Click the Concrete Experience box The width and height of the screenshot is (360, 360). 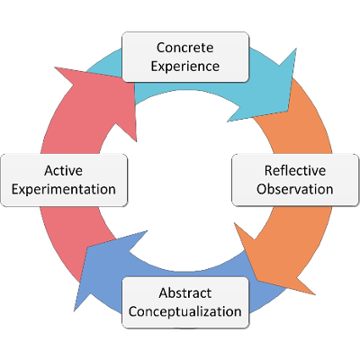[184, 56]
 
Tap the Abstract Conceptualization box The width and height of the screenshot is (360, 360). [184, 301]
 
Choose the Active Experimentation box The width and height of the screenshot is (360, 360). [62, 179]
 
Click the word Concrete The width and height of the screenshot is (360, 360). [184, 47]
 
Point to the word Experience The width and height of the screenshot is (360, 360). [184, 65]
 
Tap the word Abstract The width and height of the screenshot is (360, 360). [184, 293]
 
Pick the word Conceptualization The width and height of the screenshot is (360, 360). [184, 311]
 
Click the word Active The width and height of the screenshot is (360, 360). [62, 170]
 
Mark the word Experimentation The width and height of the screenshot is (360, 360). [62, 189]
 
